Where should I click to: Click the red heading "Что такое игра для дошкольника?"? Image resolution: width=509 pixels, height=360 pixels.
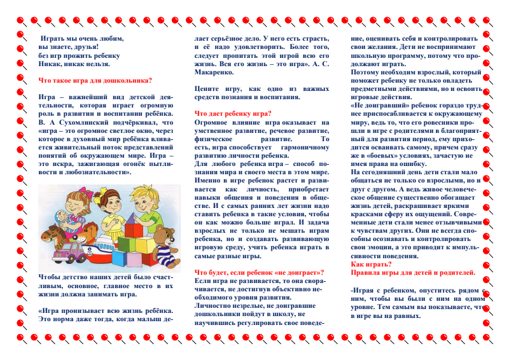[x=95, y=81]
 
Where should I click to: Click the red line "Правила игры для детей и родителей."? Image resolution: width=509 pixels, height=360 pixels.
[x=413, y=272]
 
